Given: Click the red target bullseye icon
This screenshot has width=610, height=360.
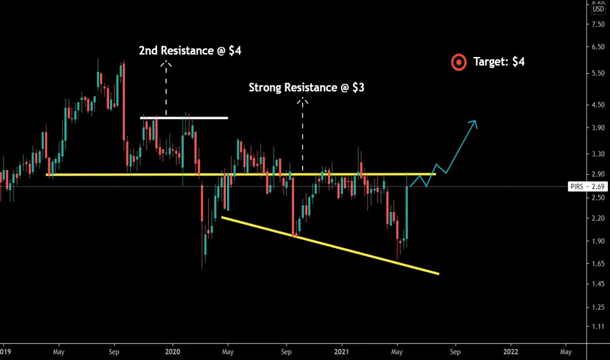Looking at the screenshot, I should click(459, 62).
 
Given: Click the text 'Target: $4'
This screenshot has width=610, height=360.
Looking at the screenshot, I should click(499, 62).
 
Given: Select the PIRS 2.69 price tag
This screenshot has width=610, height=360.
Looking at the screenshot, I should click(587, 187).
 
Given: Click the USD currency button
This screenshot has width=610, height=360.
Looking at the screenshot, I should click(598, 10).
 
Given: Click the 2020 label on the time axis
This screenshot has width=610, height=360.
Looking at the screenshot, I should click(173, 351).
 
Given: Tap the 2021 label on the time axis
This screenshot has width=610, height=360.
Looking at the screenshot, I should click(341, 351).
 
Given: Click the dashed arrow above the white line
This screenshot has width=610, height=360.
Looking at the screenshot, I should click(166, 88).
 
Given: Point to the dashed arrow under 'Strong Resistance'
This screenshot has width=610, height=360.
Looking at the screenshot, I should click(302, 134).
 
